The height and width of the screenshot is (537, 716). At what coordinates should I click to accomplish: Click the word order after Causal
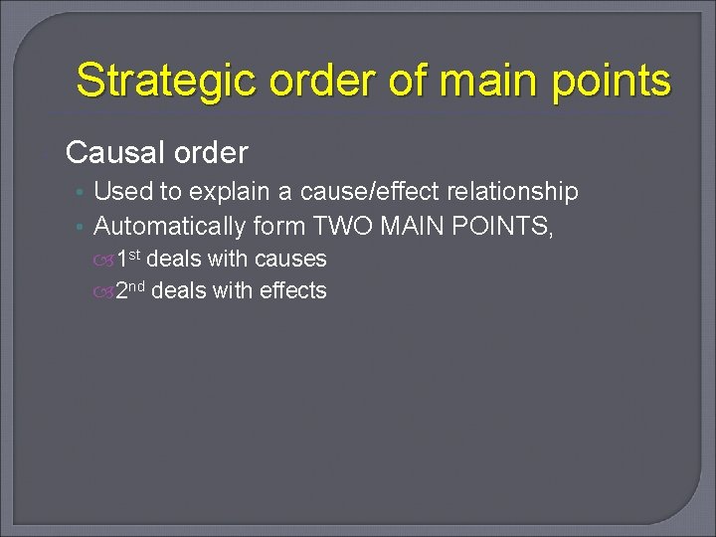pyautogui.click(x=210, y=153)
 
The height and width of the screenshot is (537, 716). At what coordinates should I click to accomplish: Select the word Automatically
pyautogui.click(x=169, y=227)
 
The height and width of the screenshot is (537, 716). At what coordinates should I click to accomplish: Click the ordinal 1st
pyautogui.click(x=128, y=260)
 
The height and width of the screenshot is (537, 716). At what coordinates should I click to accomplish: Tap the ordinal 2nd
pyautogui.click(x=130, y=291)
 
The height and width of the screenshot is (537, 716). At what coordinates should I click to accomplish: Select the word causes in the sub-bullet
pyautogui.click(x=290, y=260)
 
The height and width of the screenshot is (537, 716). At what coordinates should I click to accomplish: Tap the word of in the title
pyautogui.click(x=409, y=81)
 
